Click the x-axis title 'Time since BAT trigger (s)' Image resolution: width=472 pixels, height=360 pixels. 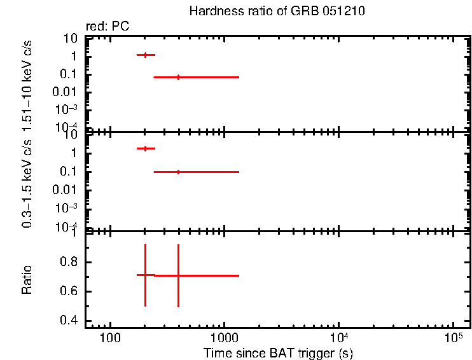(x=278, y=352)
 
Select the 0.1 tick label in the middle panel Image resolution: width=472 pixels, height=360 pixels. (x=70, y=172)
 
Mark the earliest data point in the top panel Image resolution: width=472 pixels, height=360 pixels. (x=146, y=55)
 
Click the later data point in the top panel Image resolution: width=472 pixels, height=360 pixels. (x=178, y=77)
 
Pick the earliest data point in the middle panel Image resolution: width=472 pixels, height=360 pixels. (x=146, y=148)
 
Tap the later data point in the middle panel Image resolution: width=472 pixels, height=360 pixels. (x=178, y=172)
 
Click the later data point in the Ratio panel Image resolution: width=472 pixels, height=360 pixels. (x=178, y=275)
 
